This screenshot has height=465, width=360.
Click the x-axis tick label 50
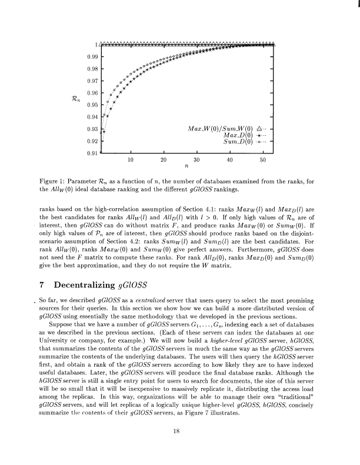click(x=263, y=160)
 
